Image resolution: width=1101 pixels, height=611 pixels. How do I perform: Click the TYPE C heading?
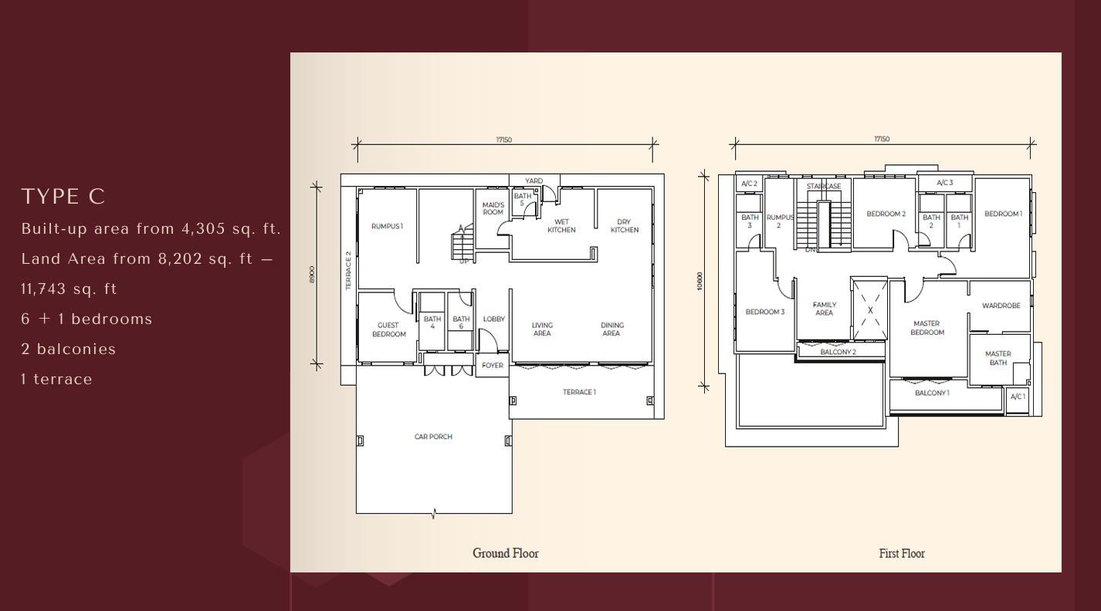(x=63, y=197)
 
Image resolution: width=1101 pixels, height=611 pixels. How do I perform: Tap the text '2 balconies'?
(x=69, y=349)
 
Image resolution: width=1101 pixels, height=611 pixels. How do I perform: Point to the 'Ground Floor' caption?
(x=506, y=553)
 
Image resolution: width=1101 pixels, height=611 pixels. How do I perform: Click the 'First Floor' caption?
(x=902, y=553)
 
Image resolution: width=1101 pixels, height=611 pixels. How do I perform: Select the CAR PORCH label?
(x=433, y=437)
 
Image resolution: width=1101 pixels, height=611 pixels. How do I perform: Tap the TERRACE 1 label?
(x=579, y=392)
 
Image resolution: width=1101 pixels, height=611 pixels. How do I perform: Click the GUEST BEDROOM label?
(x=388, y=329)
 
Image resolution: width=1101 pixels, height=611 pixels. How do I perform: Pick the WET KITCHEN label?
(x=561, y=226)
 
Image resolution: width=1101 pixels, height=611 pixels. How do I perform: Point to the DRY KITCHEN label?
(x=625, y=226)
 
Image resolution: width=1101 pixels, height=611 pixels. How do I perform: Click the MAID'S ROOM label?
(x=493, y=208)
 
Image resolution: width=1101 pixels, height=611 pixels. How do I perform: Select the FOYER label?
(x=492, y=366)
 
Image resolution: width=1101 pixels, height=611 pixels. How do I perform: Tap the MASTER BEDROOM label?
(x=927, y=328)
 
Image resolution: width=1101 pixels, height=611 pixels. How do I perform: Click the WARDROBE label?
(x=1001, y=305)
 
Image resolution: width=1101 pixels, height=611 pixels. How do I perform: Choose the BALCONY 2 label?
(x=838, y=352)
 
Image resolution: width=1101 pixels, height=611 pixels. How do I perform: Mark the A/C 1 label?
(x=1018, y=397)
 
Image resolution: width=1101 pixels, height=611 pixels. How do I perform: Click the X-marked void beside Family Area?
(x=869, y=309)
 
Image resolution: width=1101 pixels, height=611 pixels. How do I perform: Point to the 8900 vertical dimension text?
(x=312, y=274)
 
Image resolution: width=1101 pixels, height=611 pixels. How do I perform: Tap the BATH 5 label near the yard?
(x=523, y=200)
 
